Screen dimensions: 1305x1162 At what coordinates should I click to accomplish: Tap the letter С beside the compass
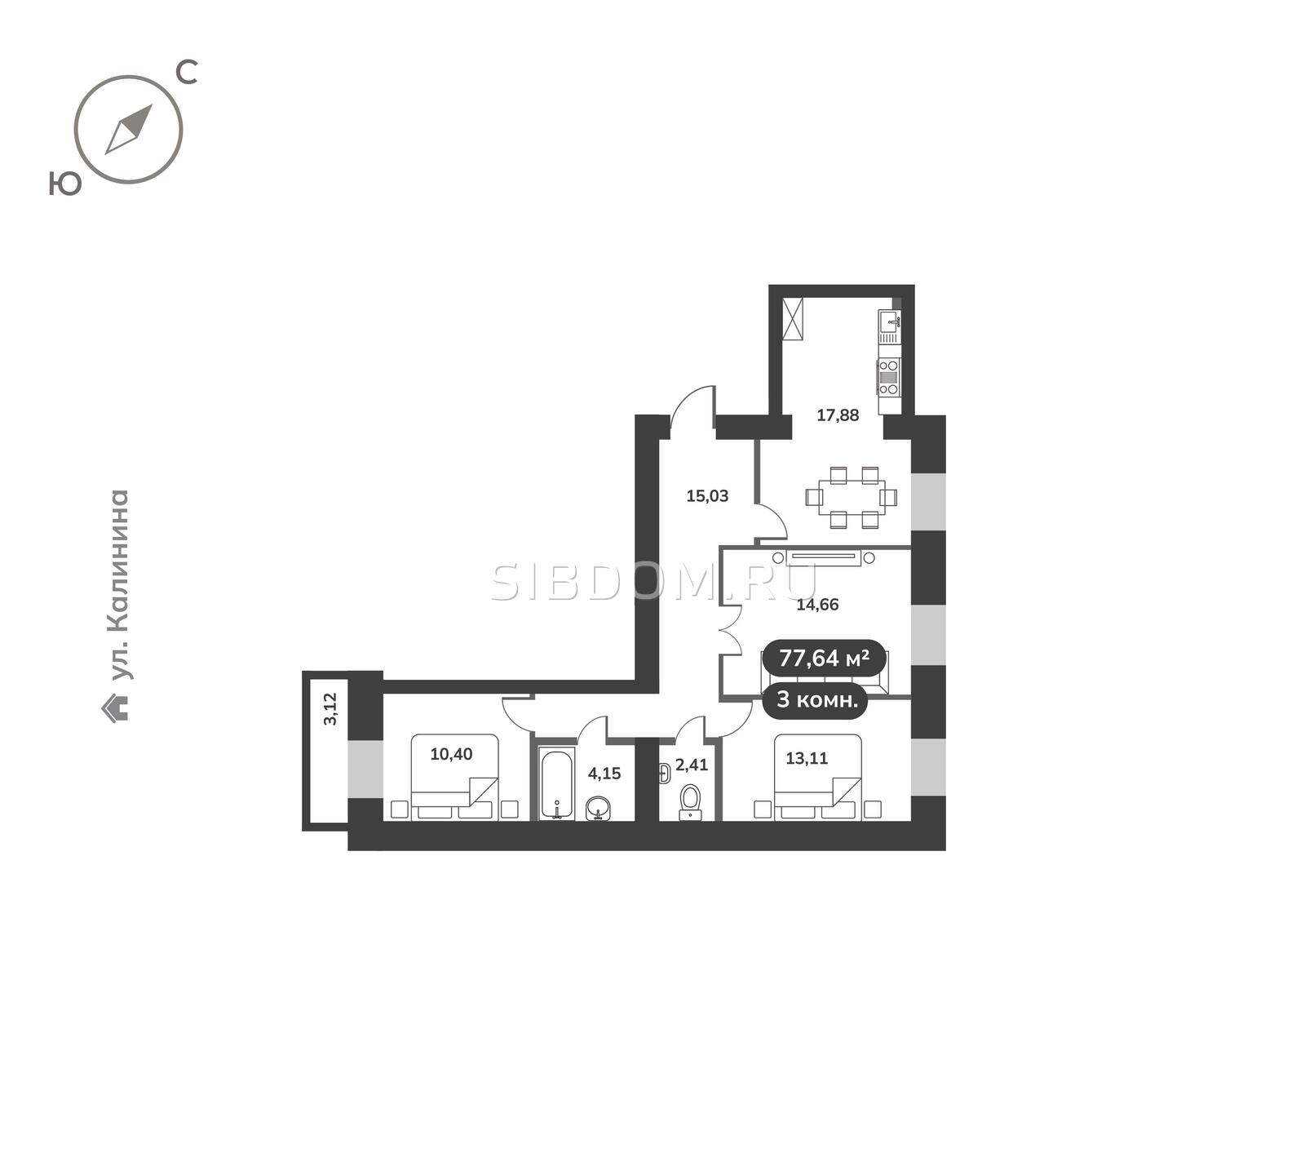click(188, 72)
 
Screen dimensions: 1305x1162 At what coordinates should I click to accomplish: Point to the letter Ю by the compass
click(65, 184)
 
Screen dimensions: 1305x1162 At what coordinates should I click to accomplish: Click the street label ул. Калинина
click(120, 584)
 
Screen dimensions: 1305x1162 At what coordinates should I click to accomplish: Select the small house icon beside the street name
click(115, 707)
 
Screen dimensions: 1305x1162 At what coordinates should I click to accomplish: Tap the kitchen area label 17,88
click(838, 415)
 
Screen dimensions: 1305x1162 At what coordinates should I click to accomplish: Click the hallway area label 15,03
click(707, 496)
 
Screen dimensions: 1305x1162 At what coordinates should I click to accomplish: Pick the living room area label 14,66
click(817, 605)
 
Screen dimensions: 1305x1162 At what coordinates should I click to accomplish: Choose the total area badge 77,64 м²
click(824, 658)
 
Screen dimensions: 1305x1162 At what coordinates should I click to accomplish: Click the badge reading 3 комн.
click(816, 700)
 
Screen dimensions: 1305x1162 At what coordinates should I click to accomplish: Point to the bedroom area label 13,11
click(807, 758)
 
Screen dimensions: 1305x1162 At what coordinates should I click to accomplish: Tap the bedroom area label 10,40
click(451, 754)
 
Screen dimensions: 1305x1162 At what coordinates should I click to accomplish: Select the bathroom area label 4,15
click(604, 774)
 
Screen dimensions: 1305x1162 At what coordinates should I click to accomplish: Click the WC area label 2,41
click(692, 765)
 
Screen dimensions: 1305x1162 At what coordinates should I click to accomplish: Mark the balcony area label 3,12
click(330, 709)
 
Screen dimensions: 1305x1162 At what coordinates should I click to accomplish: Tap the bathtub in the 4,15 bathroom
click(557, 785)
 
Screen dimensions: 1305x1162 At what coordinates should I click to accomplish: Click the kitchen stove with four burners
click(888, 377)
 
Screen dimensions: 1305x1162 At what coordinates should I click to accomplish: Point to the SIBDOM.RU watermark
click(654, 582)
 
